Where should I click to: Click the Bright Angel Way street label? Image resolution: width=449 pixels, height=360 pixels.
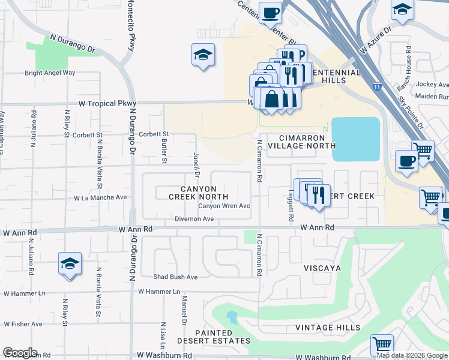50,73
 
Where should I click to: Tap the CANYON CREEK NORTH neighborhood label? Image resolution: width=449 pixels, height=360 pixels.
198,193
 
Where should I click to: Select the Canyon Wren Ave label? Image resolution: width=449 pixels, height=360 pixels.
224,206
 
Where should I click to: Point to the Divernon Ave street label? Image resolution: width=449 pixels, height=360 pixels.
194,219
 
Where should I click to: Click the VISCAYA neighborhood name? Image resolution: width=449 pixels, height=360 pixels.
322,267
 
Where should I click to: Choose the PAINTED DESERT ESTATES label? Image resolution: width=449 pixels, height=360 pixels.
221,337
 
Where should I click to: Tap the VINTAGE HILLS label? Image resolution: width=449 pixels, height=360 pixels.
328,328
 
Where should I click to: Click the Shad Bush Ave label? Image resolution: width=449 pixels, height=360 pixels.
175,277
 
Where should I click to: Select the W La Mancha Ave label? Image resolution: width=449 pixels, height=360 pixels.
101,197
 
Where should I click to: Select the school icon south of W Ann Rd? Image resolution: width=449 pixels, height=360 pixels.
70,264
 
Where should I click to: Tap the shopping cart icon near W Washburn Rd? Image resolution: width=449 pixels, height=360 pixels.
382,345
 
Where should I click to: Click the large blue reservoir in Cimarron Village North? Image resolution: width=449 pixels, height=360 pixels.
355,139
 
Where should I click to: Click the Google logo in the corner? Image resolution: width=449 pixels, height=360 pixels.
20,353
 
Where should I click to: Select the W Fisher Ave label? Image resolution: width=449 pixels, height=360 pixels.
23,324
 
